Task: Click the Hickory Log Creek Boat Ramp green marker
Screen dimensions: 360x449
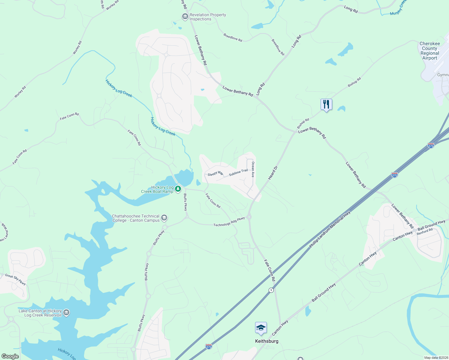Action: pyautogui.click(x=178, y=189)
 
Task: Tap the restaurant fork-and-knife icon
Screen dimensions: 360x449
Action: pyautogui.click(x=326, y=104)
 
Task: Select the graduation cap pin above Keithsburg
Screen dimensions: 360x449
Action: pyautogui.click(x=261, y=328)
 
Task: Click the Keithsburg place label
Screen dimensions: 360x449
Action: pyautogui.click(x=267, y=341)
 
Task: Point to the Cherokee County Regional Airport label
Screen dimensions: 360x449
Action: pyautogui.click(x=430, y=51)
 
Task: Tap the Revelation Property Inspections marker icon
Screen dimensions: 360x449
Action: pyautogui.click(x=185, y=17)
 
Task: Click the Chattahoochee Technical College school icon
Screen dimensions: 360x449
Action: pyautogui.click(x=164, y=218)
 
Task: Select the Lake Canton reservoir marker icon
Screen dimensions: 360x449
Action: pyautogui.click(x=66, y=313)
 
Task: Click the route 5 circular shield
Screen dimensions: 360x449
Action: pyautogui.click(x=271, y=290)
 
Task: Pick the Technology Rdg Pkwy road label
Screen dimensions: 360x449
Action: pyautogui.click(x=229, y=222)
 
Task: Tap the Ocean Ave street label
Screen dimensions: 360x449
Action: pyautogui.click(x=253, y=169)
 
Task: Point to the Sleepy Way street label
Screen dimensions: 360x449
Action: pyautogui.click(x=215, y=174)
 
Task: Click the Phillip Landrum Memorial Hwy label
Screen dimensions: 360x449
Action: pyautogui.click(x=330, y=230)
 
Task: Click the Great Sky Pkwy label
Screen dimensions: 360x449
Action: pyautogui.click(x=15, y=279)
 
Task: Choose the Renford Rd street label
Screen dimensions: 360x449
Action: pyautogui.click(x=425, y=232)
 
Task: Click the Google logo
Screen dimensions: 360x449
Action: pyautogui.click(x=10, y=356)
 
